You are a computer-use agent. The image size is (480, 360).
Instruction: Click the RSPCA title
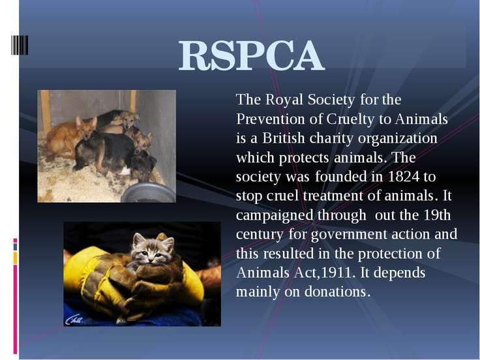coord(251,55)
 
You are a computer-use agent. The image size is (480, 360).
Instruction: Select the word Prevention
coord(271,119)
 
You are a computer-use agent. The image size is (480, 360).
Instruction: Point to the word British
coord(283,138)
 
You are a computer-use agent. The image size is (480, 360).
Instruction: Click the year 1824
coord(404,176)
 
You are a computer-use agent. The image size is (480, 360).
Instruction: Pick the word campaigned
coord(275,215)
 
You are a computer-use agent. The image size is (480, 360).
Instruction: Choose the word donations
coord(338,292)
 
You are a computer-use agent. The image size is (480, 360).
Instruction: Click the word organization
coord(398,139)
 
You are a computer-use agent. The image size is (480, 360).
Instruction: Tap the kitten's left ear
coord(138,239)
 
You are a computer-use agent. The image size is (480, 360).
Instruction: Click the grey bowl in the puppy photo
coord(149,192)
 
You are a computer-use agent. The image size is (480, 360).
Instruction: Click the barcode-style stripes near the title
coord(20,45)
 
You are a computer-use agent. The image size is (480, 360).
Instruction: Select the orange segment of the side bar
coord(15,258)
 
